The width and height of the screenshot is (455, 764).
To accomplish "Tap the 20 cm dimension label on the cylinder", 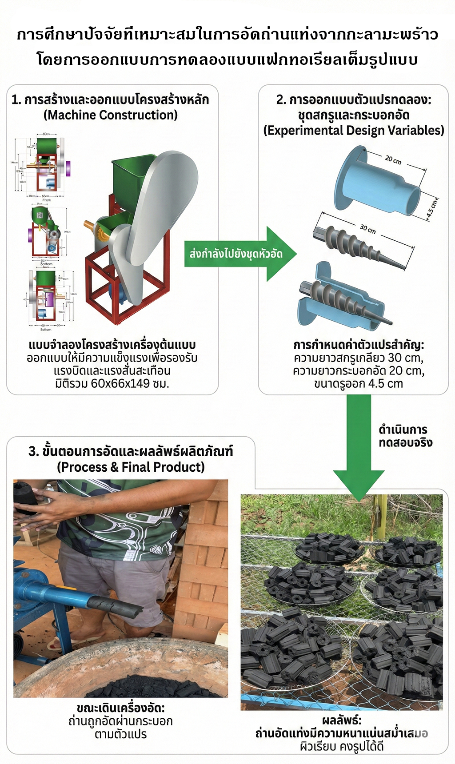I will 393,159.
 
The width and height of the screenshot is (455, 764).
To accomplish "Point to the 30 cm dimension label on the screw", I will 368,229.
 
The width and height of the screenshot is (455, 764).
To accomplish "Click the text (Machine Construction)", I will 111,115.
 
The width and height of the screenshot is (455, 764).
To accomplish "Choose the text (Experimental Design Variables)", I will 354,130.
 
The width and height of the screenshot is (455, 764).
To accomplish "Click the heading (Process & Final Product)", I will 131,467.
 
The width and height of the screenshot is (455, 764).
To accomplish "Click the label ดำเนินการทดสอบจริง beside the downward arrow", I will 405,436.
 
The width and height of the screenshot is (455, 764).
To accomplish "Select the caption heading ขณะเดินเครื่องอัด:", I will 120,708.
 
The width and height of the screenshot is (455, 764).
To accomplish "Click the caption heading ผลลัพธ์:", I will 342,720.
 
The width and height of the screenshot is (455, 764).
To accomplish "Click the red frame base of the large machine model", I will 124,289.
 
